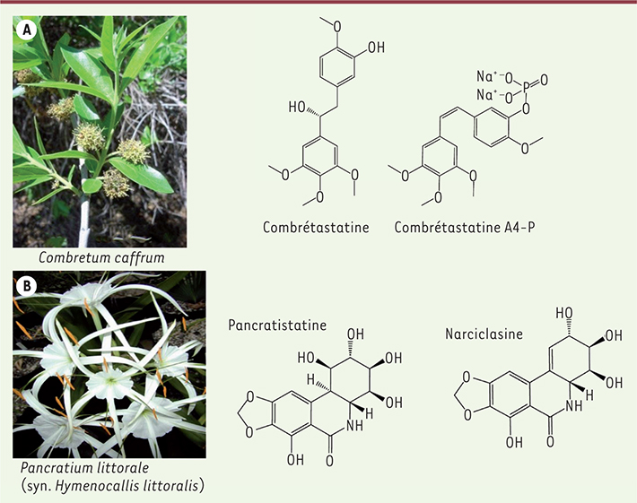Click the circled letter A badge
coord(27,30)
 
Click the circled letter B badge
coord(27,286)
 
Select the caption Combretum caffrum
coord(101,257)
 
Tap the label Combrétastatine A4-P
coord(465,227)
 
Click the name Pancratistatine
coord(277,325)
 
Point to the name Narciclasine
coord(484,334)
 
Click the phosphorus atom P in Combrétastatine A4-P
coord(526,86)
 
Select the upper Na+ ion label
coord(485,76)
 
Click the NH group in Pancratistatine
coord(354,426)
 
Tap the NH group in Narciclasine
coord(573,405)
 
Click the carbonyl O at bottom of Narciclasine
coord(550,441)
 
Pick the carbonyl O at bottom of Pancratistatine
coord(329,461)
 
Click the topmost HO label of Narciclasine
coord(564,313)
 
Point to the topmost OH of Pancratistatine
coord(355,334)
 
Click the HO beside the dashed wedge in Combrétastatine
coord(297,107)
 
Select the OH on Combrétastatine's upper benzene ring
coord(376,48)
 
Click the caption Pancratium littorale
coord(84,468)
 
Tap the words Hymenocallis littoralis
coord(127,486)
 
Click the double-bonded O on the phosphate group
coord(544,80)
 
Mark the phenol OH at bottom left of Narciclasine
coord(514,442)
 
